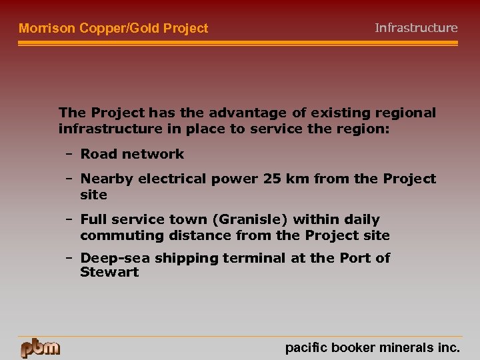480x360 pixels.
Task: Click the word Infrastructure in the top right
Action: pos(416,28)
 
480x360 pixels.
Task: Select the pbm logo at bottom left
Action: pos(40,348)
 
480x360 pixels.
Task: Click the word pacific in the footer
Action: pos(303,347)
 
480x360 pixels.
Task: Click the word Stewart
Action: pos(109,272)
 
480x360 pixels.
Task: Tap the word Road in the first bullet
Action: pos(99,154)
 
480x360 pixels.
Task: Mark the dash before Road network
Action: pos(69,154)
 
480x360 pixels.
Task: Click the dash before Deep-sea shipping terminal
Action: pos(69,258)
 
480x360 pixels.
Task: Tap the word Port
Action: pos(339,258)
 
